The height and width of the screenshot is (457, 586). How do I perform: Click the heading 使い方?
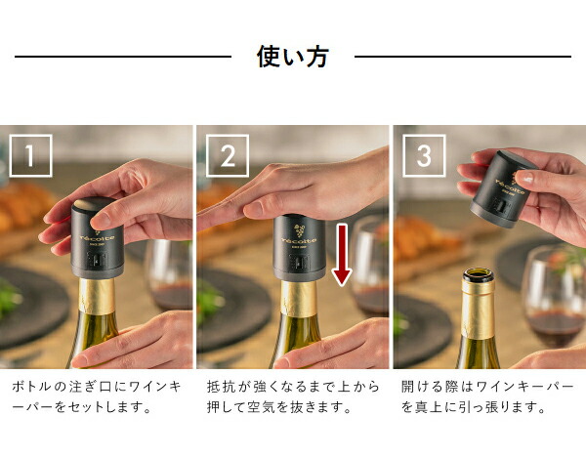pyautogui.click(x=292, y=57)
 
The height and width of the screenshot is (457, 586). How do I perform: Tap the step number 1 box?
pyautogui.click(x=30, y=155)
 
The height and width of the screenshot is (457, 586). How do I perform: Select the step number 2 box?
pyautogui.click(x=228, y=155)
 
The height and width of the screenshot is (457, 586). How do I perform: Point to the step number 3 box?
pyautogui.click(x=424, y=155)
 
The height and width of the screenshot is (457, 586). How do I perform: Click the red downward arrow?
pyautogui.click(x=342, y=255)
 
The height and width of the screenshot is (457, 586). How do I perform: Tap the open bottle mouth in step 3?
pyautogui.click(x=479, y=275)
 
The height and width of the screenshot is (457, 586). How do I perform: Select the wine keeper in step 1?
pyautogui.click(x=97, y=238)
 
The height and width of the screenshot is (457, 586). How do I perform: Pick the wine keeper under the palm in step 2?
pyautogui.click(x=300, y=248)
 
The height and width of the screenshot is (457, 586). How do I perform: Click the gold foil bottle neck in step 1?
pyautogui.click(x=97, y=297)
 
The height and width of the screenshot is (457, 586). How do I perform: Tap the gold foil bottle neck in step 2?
pyautogui.click(x=299, y=299)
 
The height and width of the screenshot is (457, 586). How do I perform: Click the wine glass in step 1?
pyautogui.click(x=169, y=275)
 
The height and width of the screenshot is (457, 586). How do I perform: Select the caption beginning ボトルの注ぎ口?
pyautogui.click(x=97, y=396)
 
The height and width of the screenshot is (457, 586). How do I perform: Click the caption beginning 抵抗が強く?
pyautogui.click(x=293, y=396)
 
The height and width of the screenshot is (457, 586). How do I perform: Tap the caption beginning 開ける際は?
pyautogui.click(x=487, y=396)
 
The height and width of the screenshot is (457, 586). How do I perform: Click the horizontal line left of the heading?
pyautogui.click(x=123, y=57)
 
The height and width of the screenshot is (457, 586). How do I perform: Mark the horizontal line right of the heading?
pyautogui.click(x=463, y=57)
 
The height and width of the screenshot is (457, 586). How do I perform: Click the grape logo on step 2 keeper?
pyautogui.click(x=299, y=229)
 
